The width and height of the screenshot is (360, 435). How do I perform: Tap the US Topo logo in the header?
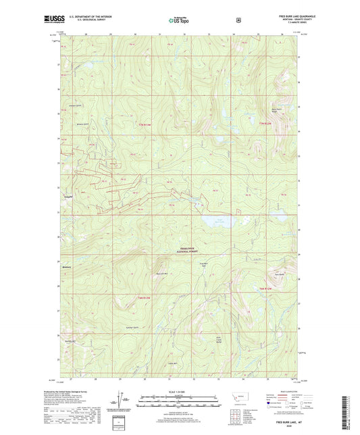click(x=180, y=21)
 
